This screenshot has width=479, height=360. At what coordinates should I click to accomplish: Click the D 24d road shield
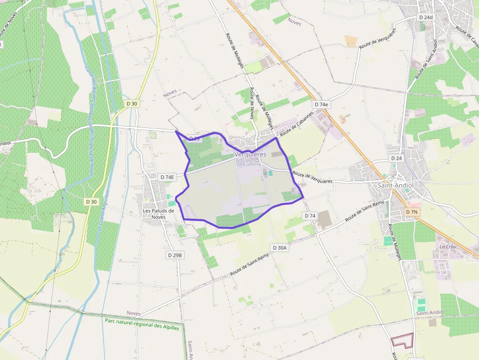[426, 17]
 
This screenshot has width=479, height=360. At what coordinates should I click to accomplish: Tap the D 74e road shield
[322, 105]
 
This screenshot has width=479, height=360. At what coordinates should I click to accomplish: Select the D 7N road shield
[412, 212]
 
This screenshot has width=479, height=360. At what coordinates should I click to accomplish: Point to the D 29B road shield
[174, 255]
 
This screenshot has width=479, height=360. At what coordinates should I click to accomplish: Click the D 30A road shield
[280, 248]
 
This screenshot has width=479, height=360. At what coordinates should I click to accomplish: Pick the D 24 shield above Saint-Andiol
[396, 159]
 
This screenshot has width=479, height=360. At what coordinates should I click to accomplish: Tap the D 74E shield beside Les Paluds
[167, 177]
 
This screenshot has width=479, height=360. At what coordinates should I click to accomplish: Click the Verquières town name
[250, 154]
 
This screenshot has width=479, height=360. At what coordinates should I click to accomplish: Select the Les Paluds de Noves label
[158, 213]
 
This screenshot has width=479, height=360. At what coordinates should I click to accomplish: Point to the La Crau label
[447, 247]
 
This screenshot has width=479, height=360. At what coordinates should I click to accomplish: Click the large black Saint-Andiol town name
[396, 186]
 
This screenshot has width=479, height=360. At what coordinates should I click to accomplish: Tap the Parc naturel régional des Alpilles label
[142, 324]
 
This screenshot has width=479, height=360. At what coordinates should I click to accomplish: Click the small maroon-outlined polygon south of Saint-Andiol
[403, 340]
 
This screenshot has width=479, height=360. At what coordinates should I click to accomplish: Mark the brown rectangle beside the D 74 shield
[325, 220]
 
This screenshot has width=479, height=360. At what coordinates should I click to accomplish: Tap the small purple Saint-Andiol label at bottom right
[430, 313]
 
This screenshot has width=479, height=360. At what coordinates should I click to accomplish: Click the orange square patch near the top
[351, 41]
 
